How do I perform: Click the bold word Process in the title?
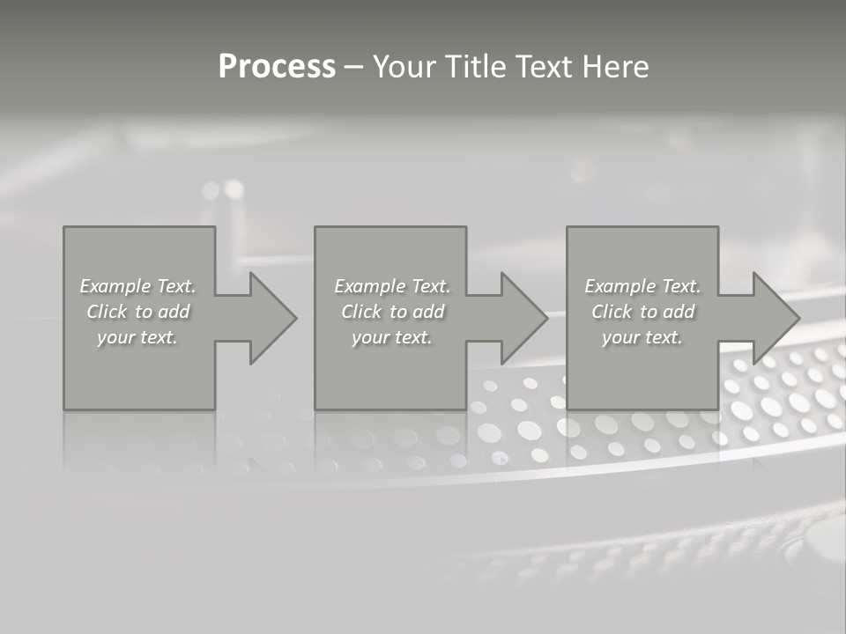(x=277, y=67)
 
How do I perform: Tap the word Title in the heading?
(x=478, y=67)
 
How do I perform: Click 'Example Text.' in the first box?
(x=137, y=286)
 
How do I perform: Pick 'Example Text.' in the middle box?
(x=392, y=286)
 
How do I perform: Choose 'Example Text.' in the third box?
(x=642, y=286)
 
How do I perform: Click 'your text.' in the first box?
(x=137, y=337)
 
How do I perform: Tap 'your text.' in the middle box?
(x=392, y=337)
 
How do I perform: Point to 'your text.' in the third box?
(x=642, y=337)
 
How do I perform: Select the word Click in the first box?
(x=107, y=312)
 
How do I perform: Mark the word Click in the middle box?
(x=361, y=312)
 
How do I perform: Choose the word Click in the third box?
(x=612, y=312)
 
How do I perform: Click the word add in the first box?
(x=174, y=312)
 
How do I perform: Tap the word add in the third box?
(x=679, y=312)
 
